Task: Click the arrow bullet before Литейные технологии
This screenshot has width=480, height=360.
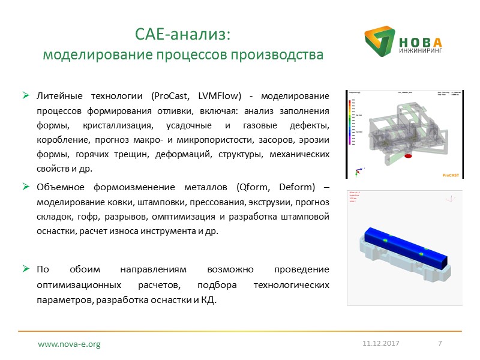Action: [26, 96]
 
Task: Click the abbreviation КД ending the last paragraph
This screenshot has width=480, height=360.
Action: [207, 298]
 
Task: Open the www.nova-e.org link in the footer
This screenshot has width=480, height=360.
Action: [69, 344]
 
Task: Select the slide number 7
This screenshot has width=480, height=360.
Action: [440, 343]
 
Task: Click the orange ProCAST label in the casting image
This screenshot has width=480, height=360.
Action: [451, 175]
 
